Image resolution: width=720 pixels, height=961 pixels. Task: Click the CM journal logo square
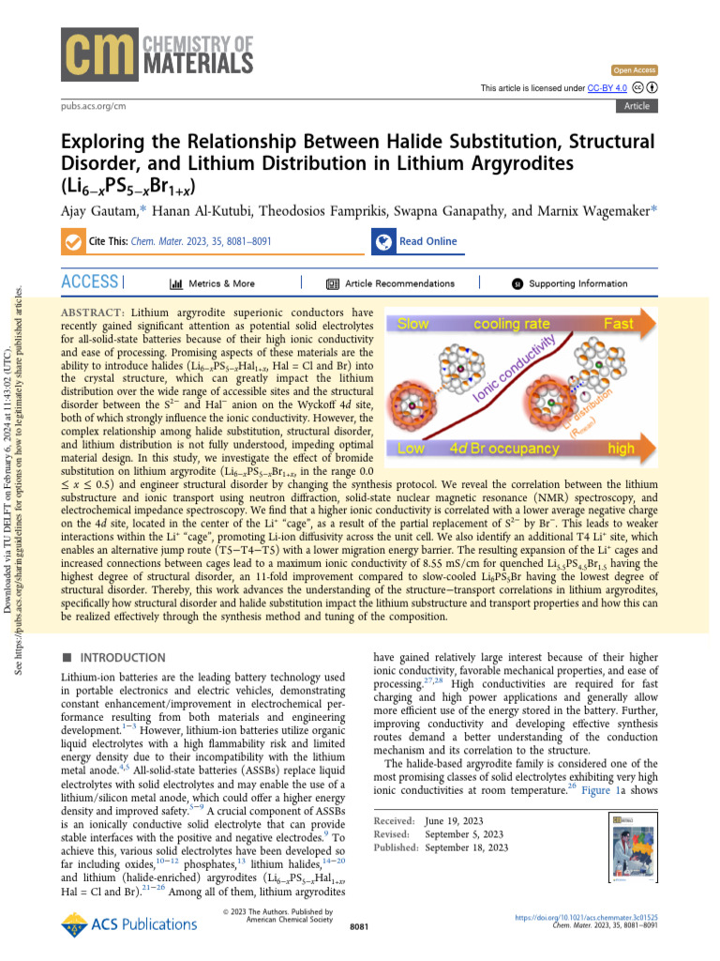click(x=99, y=51)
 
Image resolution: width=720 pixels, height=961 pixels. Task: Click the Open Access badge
click(x=635, y=70)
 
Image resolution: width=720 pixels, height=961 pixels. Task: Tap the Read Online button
click(x=417, y=241)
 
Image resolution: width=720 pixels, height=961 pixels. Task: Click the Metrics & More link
click(x=212, y=283)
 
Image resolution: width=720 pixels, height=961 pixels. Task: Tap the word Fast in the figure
click(x=619, y=324)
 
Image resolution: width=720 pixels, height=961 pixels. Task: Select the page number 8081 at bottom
click(x=360, y=953)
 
